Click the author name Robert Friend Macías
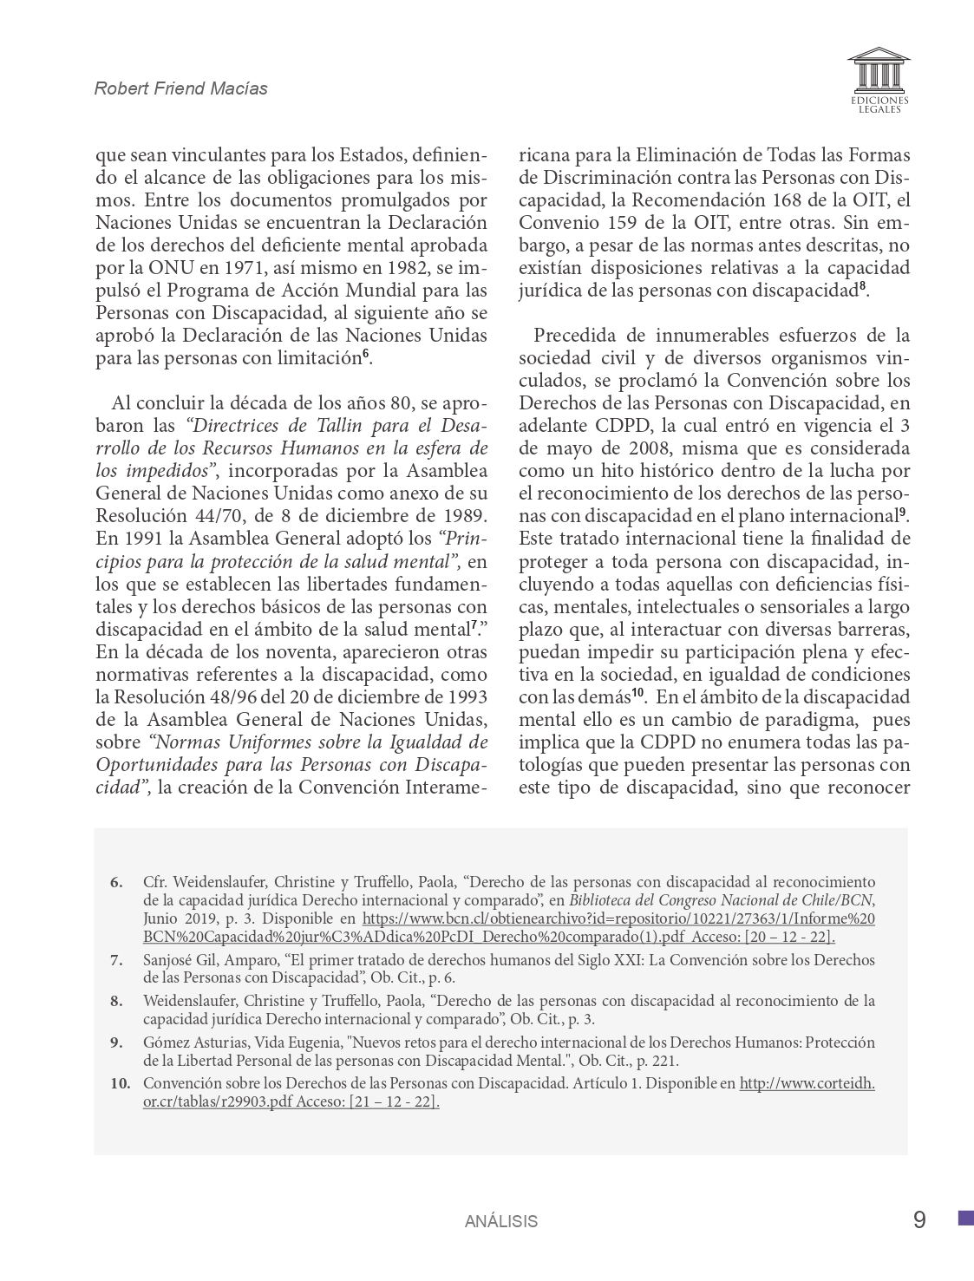(180, 88)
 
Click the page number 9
(919, 1220)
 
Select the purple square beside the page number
(965, 1218)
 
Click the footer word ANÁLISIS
(500, 1221)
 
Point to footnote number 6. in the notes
(116, 882)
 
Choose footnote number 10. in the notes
(120, 1082)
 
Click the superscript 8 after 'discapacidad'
(863, 288)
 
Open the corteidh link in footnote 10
(807, 1082)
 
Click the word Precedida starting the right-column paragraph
(574, 336)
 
